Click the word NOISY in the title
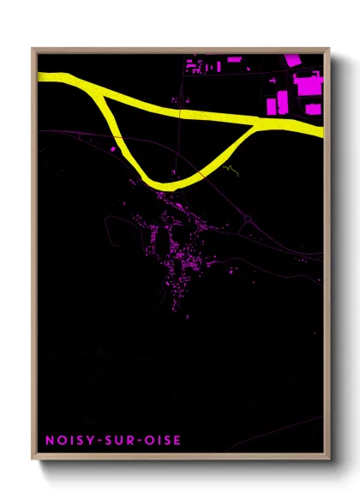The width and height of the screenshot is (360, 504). point(66,441)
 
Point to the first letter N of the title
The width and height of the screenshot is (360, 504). point(48,441)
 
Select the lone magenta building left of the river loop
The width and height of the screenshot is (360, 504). point(112,149)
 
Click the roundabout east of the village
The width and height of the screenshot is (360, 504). point(248,219)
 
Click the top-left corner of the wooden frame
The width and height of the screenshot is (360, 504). point(33,49)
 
